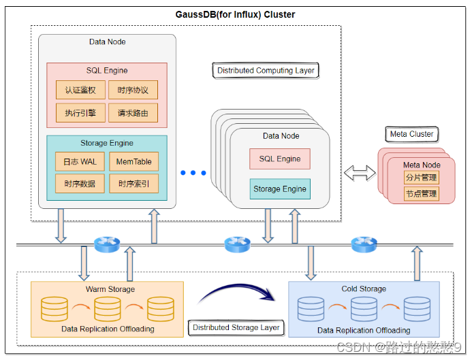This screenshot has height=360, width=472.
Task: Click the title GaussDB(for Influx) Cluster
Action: click(x=236, y=14)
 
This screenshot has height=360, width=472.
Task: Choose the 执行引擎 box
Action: click(x=80, y=113)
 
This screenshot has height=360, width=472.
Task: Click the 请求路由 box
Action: click(x=133, y=113)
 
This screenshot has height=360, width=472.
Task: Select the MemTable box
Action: click(x=133, y=161)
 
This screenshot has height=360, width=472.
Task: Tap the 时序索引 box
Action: click(x=133, y=184)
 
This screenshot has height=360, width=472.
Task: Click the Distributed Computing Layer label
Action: click(x=266, y=70)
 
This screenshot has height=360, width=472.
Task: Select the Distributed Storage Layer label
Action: click(x=236, y=327)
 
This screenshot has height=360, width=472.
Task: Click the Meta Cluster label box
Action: click(x=411, y=134)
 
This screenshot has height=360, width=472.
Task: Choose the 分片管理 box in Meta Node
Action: click(x=421, y=178)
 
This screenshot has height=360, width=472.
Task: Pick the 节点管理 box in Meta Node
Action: click(x=421, y=194)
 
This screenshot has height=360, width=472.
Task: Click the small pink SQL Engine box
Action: click(x=279, y=159)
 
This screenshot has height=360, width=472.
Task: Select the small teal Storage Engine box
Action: click(x=279, y=189)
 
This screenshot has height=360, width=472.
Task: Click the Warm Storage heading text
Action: click(x=110, y=289)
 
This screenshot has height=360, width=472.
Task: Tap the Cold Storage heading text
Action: click(x=364, y=289)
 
